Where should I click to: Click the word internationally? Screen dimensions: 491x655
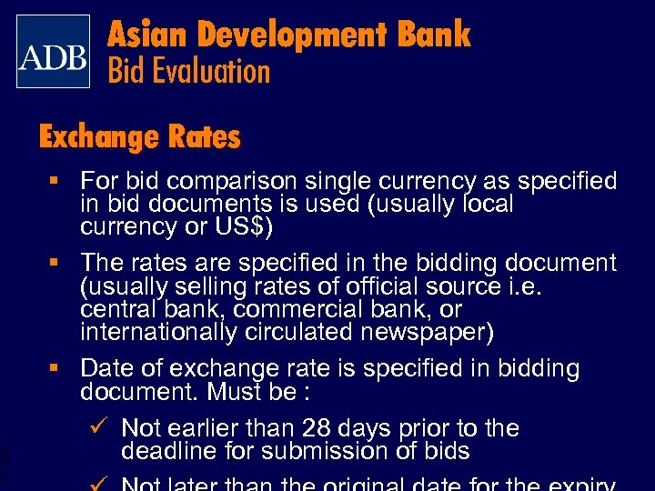tap(159, 332)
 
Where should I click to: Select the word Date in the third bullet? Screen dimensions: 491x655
tap(103, 368)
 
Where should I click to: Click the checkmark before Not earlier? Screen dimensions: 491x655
tap(101, 426)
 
